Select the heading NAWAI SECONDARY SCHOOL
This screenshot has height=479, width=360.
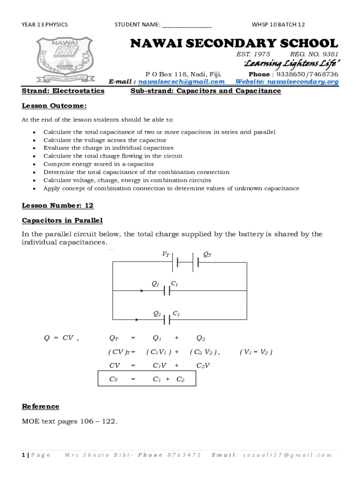[x=233, y=44]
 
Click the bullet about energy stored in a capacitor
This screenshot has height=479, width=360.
[x=99, y=164]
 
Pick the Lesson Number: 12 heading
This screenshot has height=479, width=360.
[x=58, y=205]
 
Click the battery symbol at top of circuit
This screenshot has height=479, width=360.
[x=186, y=262]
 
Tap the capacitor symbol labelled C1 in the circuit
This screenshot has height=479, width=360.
[x=166, y=291]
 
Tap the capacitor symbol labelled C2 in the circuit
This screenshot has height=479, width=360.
[x=166, y=320]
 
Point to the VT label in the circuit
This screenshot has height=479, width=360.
[x=166, y=254]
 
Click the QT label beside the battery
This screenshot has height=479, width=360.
[x=207, y=254]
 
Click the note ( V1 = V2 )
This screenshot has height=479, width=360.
[x=255, y=352]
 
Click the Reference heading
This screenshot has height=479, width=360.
[x=41, y=406]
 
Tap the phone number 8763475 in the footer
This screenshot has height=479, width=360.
[x=184, y=455]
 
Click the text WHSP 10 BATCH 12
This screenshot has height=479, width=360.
[x=278, y=25]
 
